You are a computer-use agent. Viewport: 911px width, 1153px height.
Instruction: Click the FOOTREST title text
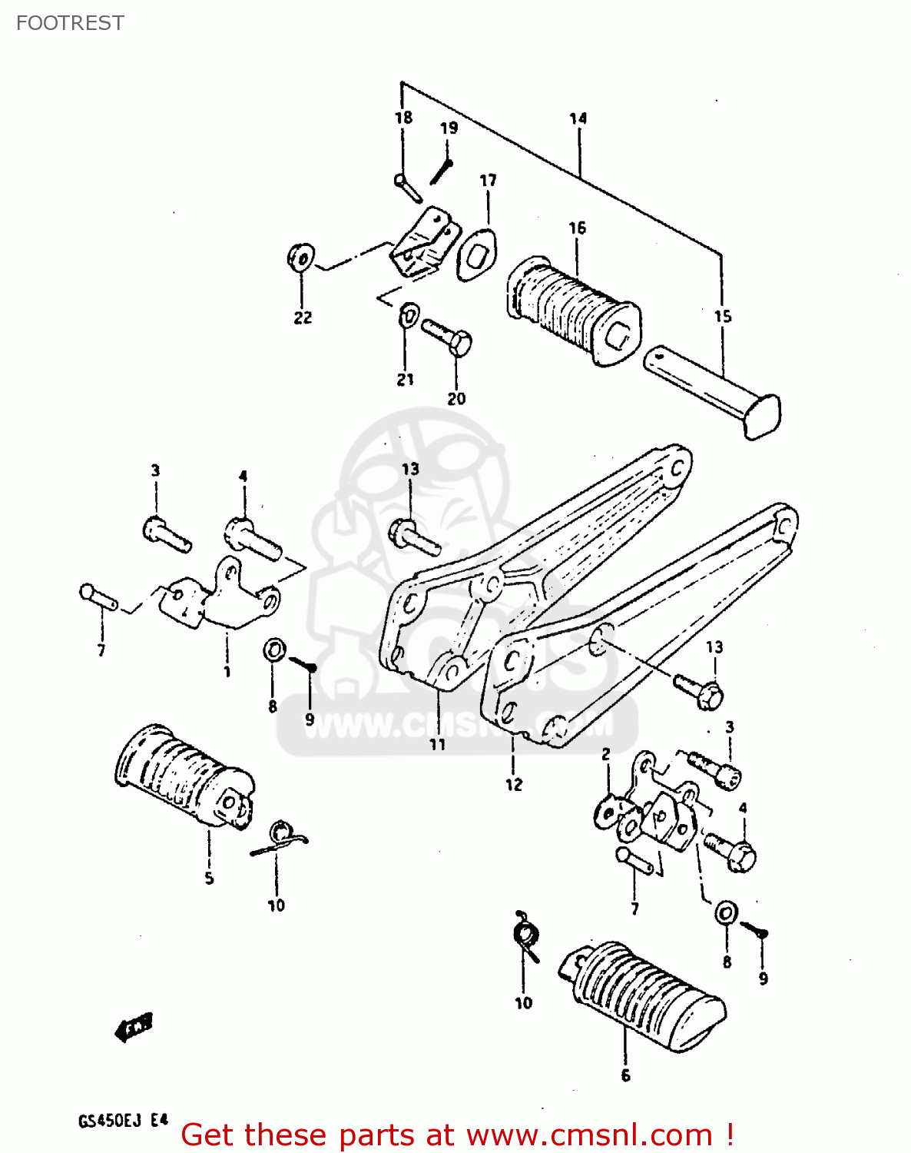click(70, 23)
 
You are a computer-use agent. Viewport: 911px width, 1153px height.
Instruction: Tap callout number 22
click(303, 317)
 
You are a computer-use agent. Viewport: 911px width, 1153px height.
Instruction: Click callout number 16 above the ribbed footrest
click(578, 228)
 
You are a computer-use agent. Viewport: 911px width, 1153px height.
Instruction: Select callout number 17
click(488, 181)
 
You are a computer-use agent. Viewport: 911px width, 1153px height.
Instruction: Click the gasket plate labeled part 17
click(477, 254)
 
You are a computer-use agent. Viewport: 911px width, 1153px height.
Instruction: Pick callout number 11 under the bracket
click(437, 744)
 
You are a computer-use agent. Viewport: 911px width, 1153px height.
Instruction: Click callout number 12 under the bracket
click(514, 784)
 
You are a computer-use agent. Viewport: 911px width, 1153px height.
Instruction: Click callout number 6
click(625, 1075)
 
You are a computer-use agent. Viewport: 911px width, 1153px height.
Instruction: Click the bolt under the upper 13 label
click(415, 535)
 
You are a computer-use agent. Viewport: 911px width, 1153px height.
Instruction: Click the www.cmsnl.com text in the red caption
click(589, 1135)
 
